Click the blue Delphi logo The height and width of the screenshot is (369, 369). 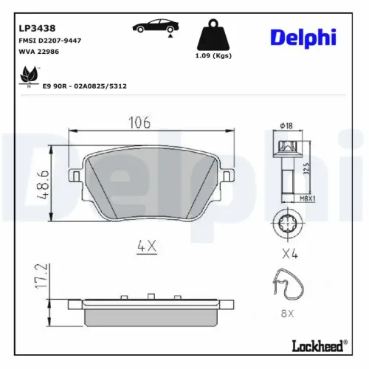(x=303, y=37)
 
